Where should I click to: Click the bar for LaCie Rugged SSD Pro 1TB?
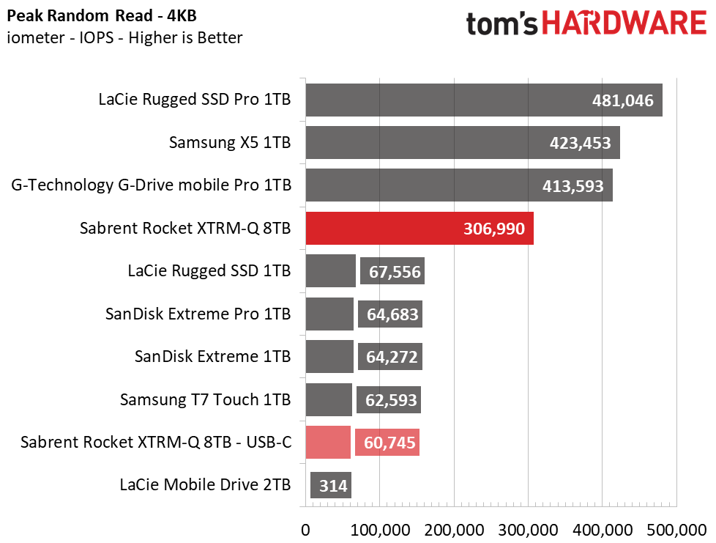click(484, 100)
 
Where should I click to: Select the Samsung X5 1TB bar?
click(463, 143)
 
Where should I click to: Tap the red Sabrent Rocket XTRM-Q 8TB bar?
click(419, 228)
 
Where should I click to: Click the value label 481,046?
click(623, 100)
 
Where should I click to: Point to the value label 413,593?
click(573, 186)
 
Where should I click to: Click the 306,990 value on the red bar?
click(494, 229)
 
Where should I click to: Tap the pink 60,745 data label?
click(388, 442)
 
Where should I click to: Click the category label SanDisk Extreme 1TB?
click(212, 357)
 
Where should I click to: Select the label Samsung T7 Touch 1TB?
click(206, 399)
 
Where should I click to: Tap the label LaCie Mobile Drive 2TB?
click(206, 484)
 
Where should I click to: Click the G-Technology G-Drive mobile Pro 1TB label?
click(151, 185)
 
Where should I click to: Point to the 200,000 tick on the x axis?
click(454, 531)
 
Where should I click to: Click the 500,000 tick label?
click(676, 531)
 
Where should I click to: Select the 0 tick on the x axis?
click(305, 531)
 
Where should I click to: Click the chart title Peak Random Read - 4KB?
click(102, 16)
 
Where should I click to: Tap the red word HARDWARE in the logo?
click(624, 23)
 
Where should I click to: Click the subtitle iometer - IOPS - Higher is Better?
click(124, 37)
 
